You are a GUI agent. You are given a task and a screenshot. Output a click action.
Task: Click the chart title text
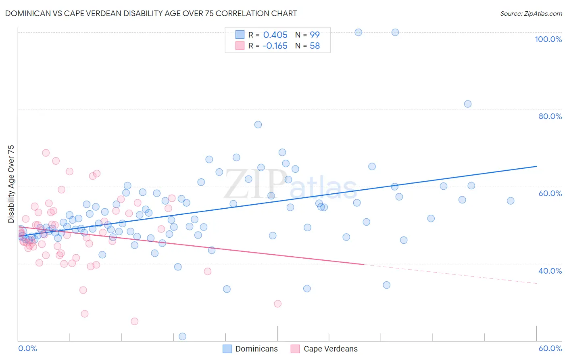151,13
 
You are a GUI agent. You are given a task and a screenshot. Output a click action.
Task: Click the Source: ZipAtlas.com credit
531,13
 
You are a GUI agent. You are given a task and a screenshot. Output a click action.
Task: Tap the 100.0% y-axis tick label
548,39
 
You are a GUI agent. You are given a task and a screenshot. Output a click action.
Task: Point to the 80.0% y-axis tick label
550,116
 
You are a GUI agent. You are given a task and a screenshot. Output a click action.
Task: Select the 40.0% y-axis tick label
550,271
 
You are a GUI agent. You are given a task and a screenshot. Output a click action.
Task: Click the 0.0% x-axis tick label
27,348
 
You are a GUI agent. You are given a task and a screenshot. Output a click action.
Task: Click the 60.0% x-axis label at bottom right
550,348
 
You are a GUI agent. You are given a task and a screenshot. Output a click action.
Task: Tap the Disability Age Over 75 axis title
11,184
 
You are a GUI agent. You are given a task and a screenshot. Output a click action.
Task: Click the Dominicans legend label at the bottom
256,349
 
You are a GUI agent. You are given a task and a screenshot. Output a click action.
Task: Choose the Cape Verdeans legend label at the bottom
330,349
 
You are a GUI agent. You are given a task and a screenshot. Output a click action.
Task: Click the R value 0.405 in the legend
275,35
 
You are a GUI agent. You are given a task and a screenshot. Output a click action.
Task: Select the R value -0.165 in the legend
275,46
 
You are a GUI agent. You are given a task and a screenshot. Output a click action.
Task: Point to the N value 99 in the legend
315,35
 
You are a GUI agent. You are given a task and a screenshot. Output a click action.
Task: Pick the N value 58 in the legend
315,46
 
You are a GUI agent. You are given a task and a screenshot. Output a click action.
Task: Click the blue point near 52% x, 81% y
467,104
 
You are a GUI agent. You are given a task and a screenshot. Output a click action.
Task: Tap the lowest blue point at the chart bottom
182,337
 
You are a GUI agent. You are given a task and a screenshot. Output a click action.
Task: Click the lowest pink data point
135,321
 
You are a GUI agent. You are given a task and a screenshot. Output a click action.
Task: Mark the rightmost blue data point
511,201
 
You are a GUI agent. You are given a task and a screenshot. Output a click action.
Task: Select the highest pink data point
46,153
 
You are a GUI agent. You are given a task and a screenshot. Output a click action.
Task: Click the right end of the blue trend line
536,166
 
